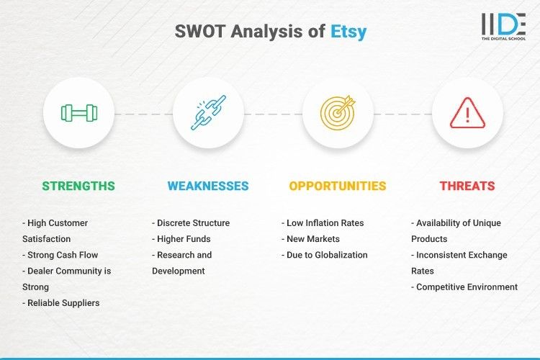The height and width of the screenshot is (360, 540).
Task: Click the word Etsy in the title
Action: (x=348, y=32)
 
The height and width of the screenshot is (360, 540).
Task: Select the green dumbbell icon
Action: (x=78, y=113)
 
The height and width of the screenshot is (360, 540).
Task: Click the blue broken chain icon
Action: (x=208, y=113)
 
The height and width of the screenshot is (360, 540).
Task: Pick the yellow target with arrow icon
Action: (x=338, y=113)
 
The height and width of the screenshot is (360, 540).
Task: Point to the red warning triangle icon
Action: (x=467, y=113)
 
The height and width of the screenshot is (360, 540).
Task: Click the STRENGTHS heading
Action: (x=78, y=186)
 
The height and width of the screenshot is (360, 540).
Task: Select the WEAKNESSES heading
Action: (x=208, y=186)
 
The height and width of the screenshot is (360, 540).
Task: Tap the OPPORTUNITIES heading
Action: (x=338, y=186)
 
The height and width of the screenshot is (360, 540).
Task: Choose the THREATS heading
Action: (x=467, y=186)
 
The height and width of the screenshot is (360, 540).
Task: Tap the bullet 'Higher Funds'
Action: (x=182, y=239)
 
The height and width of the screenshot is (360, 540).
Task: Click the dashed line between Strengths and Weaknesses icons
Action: (x=143, y=114)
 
